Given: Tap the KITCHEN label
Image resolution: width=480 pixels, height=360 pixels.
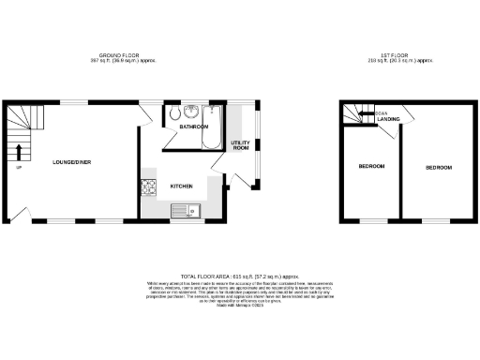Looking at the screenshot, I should click(182, 186).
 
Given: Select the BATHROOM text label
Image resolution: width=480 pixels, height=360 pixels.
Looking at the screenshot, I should click(194, 126).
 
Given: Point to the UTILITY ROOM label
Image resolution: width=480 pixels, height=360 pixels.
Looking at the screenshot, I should click(240, 145).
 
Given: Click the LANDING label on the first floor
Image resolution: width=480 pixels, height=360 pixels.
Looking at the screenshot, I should click(388, 118).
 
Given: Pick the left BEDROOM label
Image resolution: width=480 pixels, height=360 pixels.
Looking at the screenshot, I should click(371, 167).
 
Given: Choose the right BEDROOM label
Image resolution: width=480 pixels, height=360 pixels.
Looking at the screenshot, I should click(438, 167).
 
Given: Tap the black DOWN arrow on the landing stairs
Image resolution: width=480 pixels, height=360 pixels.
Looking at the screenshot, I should click(365, 113).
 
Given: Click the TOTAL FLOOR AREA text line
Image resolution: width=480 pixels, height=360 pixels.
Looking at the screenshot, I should click(240, 265).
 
